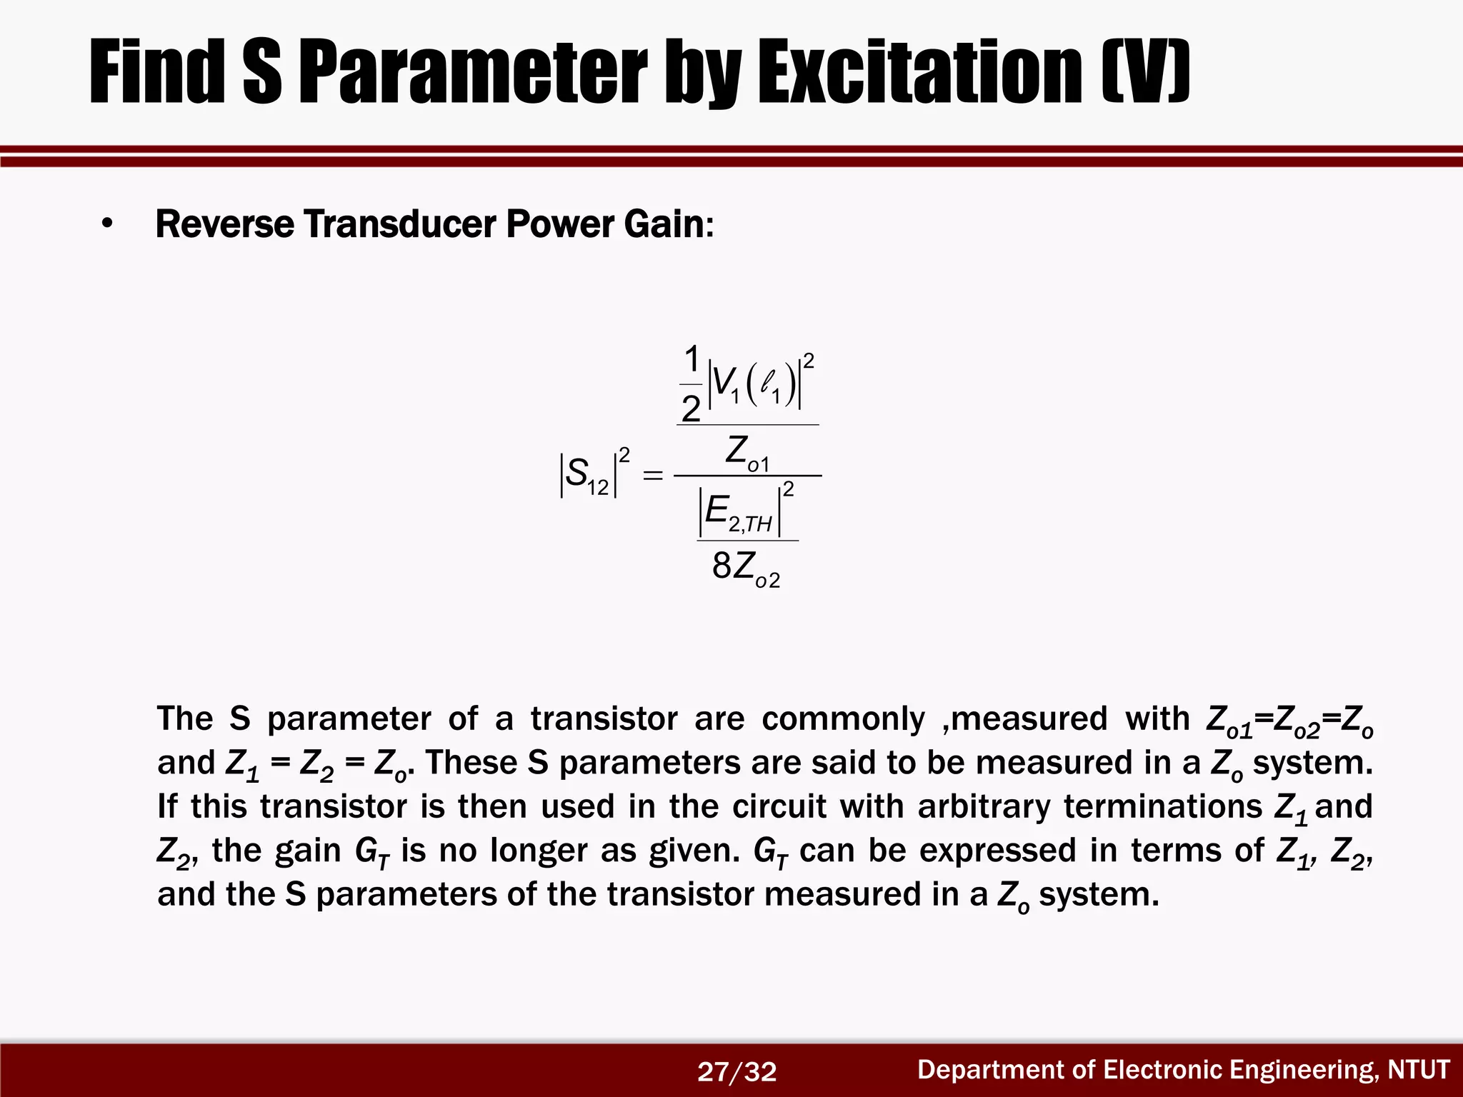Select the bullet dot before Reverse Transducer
pos(107,224)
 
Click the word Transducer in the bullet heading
pos(400,224)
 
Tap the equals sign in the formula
pos(653,475)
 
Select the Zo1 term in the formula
pos(747,453)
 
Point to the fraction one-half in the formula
pos(691,384)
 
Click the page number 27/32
pos(737,1072)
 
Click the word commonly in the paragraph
pos(843,719)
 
